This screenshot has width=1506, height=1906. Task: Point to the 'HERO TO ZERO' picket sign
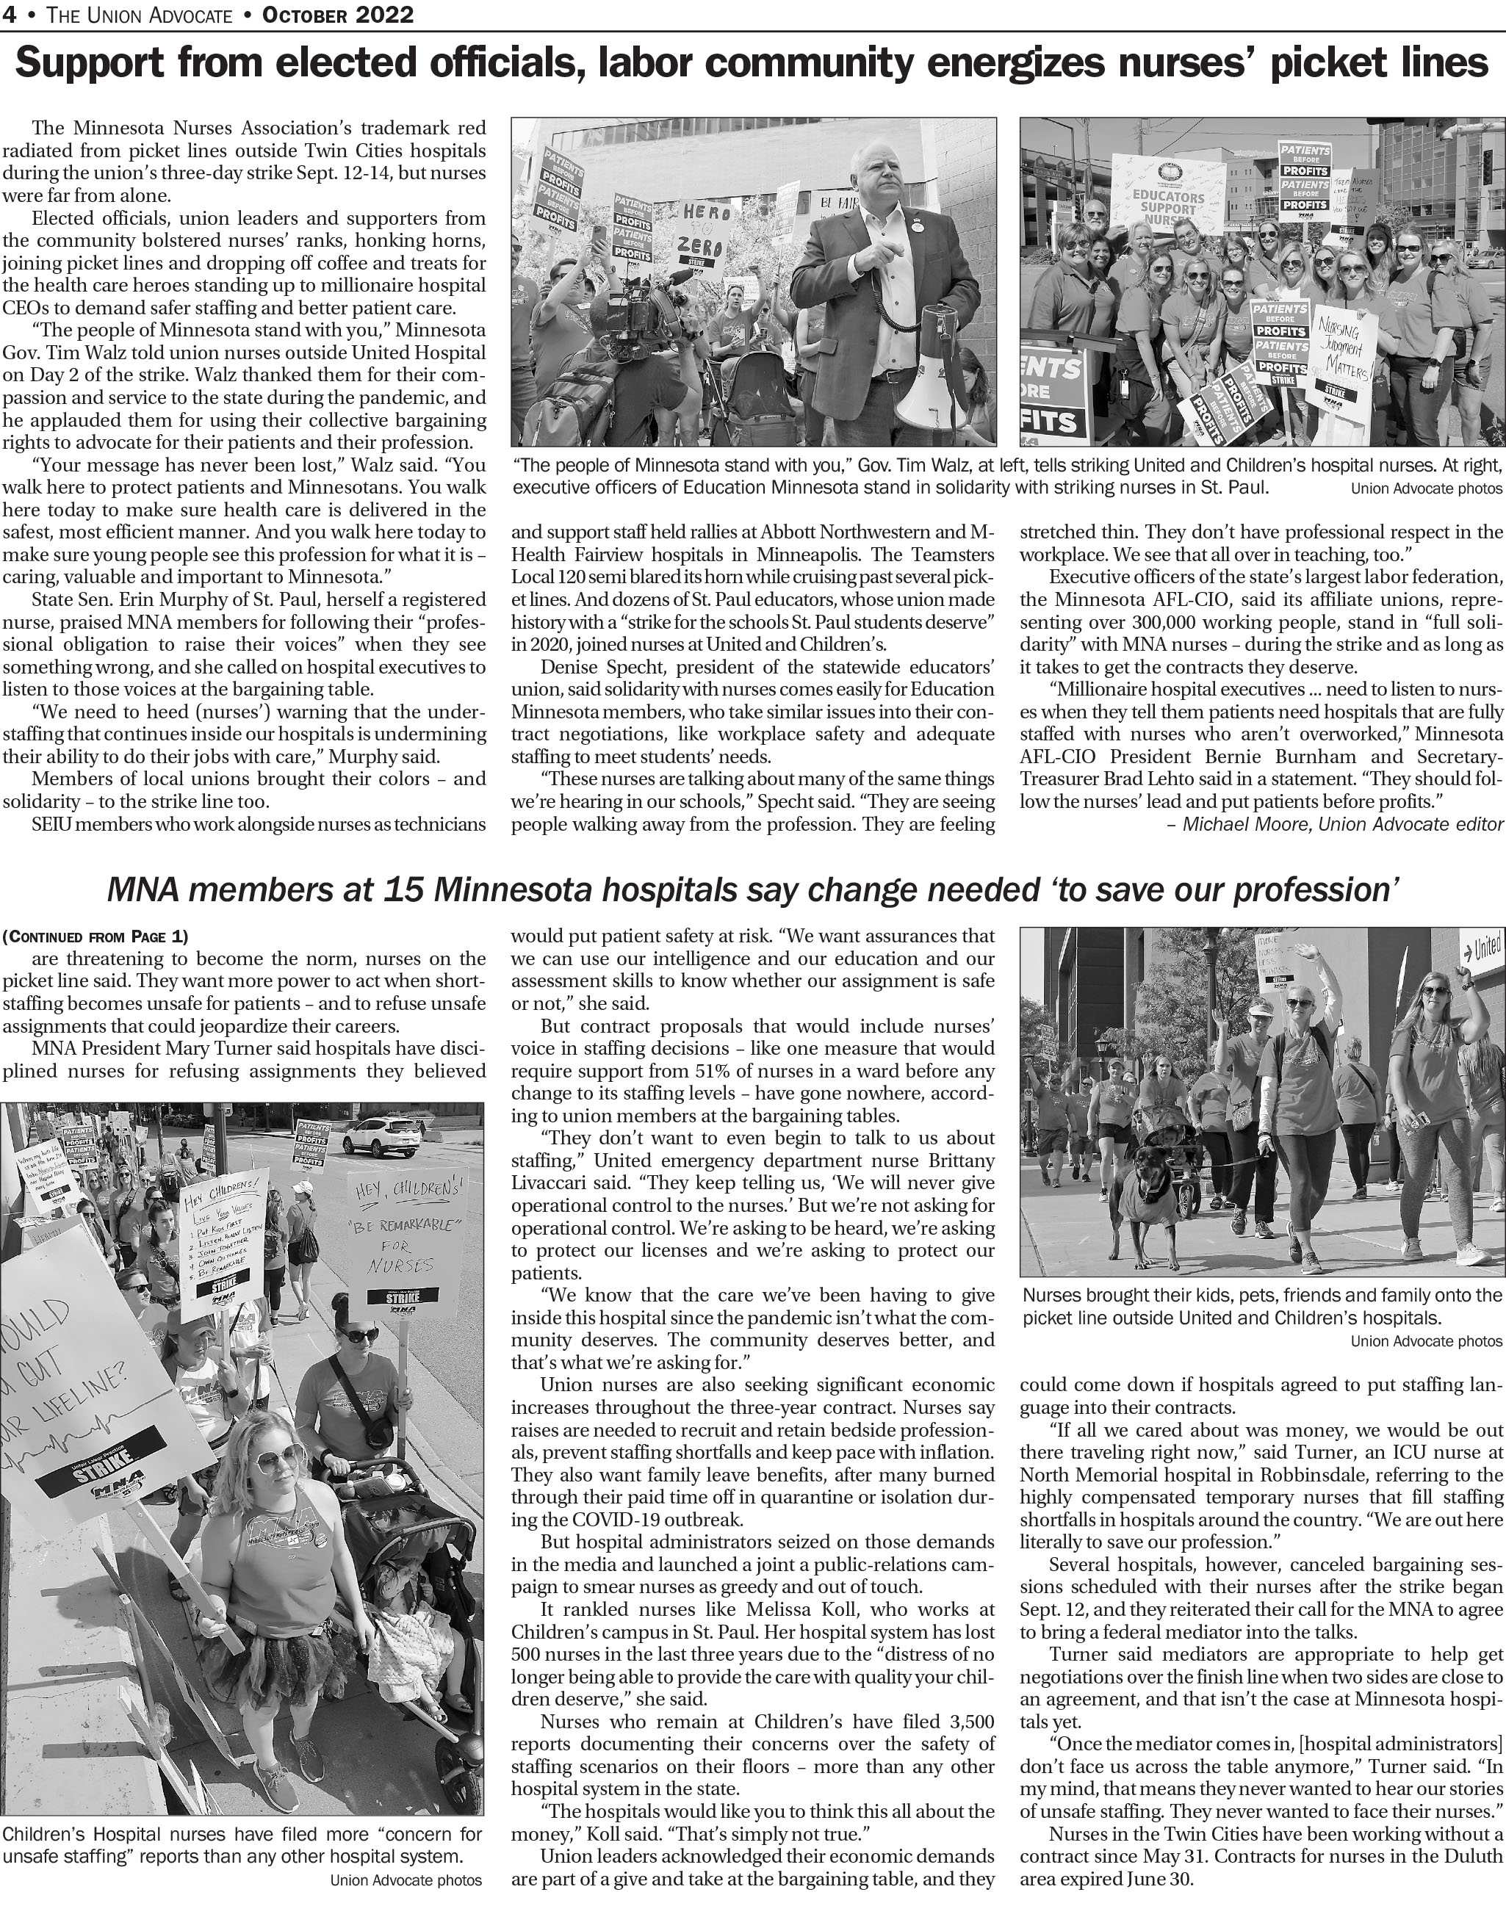click(704, 231)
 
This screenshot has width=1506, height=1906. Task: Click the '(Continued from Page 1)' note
click(96, 936)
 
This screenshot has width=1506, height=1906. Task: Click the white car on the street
click(382, 1136)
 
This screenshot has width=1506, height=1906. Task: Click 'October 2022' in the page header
click(338, 14)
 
